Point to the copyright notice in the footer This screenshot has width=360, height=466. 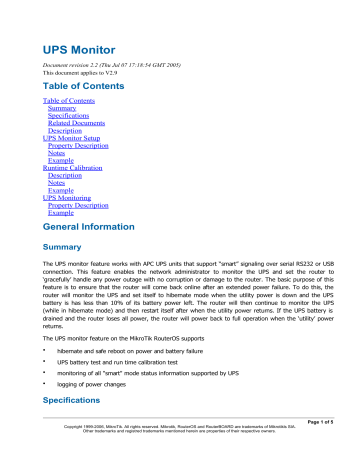(179, 455)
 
